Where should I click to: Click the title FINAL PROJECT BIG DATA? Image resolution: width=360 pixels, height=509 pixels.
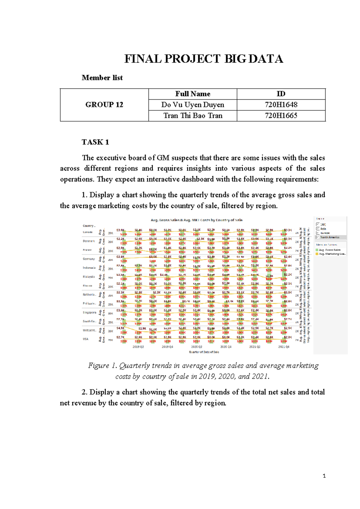coord(204,59)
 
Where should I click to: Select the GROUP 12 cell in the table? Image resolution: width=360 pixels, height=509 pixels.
coord(104,105)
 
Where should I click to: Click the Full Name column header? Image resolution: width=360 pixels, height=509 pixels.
coord(193,94)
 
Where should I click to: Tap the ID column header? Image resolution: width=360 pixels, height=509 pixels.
coord(281,94)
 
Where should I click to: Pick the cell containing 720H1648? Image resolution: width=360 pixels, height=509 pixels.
coord(281,105)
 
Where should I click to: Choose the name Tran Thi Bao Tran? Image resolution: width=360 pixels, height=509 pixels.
coord(193,116)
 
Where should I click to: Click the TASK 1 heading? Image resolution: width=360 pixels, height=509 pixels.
coord(95,142)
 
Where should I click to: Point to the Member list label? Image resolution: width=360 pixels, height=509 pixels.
coord(102,78)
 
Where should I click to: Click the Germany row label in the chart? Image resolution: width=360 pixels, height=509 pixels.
coord(89,259)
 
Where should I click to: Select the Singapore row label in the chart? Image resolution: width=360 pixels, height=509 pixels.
coord(89,312)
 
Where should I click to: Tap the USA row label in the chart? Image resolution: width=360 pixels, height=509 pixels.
coord(86,339)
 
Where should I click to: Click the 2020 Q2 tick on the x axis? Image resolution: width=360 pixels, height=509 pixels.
coord(197,347)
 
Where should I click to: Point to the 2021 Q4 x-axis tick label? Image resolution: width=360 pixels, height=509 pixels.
coord(283,347)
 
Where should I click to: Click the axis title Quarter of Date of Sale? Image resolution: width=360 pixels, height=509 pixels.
coord(204,352)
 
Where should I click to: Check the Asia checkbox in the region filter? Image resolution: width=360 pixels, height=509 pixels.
coord(318,229)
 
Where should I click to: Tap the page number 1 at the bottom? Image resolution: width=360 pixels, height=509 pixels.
coord(324,476)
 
